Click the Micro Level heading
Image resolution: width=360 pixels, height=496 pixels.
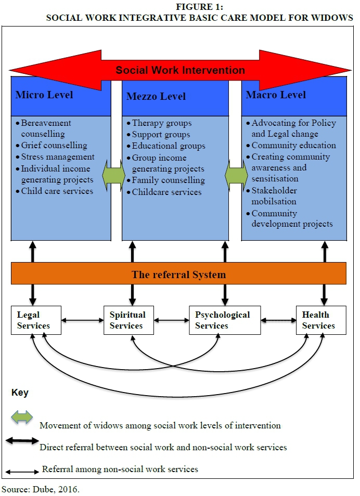click(44, 95)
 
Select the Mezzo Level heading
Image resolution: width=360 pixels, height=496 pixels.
click(156, 96)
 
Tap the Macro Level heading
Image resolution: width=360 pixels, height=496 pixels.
click(276, 95)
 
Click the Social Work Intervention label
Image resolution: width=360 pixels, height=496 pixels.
click(180, 70)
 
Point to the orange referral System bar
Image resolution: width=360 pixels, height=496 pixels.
click(178, 274)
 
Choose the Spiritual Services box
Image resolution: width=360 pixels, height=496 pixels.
click(127, 320)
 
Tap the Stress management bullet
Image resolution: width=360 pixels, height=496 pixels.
click(57, 156)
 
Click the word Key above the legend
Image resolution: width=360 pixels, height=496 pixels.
click(20, 393)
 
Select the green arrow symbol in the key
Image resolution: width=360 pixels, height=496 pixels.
click(22, 417)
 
